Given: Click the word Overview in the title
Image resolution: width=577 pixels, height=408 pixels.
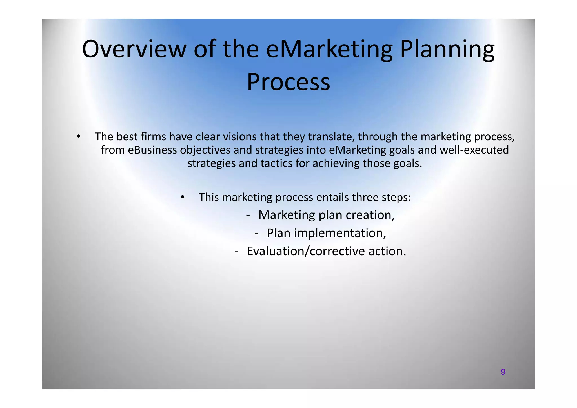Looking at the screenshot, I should [134, 49].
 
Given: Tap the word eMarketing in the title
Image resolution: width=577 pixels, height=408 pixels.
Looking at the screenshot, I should [329, 49].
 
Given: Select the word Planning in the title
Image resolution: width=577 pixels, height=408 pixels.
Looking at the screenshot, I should [447, 49].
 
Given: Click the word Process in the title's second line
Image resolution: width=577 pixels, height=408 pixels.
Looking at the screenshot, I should [288, 82].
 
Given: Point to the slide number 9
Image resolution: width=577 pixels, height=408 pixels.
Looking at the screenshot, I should [503, 372].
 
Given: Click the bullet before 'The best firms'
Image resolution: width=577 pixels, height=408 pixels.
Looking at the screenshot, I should [79, 137].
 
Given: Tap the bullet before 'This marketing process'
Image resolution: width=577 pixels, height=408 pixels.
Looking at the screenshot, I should [183, 197].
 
